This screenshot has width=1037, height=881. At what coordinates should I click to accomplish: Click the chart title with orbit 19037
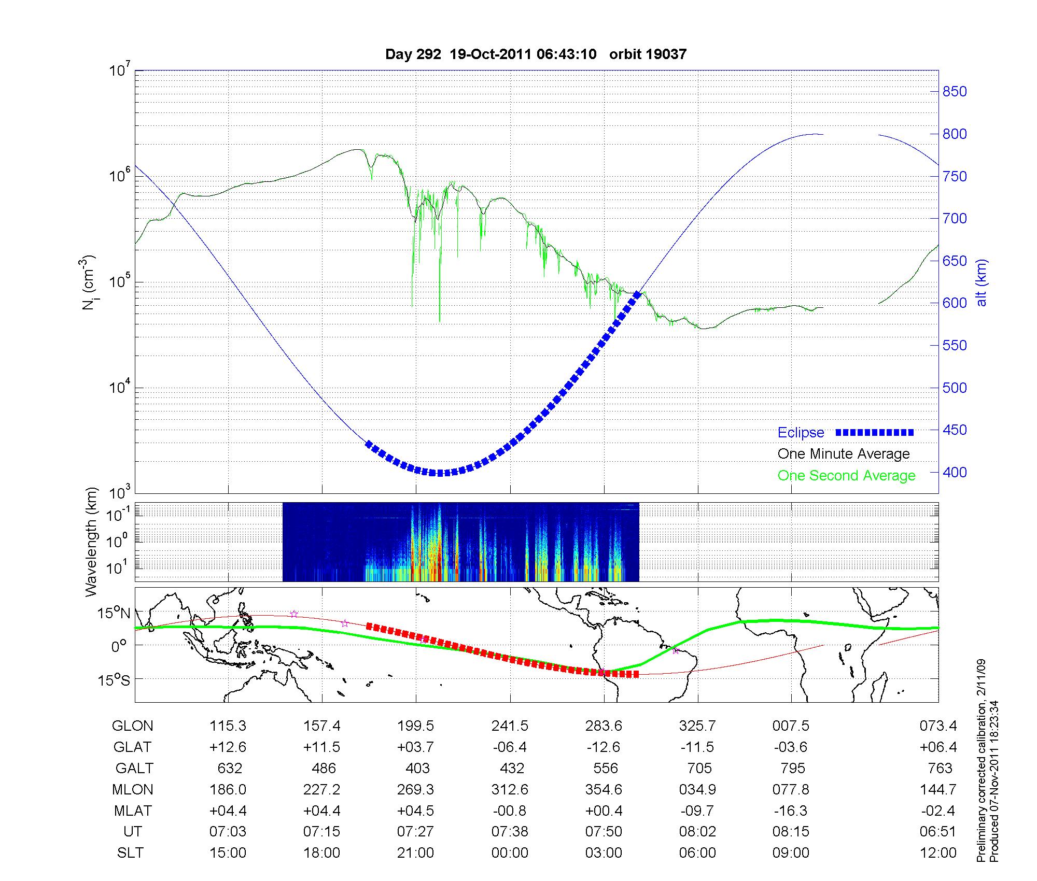pyautogui.click(x=536, y=54)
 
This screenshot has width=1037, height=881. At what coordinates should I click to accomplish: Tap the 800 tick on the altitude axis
pyautogui.click(x=955, y=134)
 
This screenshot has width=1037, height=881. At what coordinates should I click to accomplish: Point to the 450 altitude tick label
pyautogui.click(x=955, y=430)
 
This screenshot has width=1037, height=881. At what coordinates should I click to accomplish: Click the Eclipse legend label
pyautogui.click(x=801, y=433)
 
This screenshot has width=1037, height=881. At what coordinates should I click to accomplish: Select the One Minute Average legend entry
pyautogui.click(x=844, y=454)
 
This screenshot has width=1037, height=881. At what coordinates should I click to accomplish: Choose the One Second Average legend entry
pyautogui.click(x=846, y=476)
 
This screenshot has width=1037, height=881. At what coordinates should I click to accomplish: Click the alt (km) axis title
pyautogui.click(x=982, y=282)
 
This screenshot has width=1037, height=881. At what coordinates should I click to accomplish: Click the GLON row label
pyautogui.click(x=132, y=726)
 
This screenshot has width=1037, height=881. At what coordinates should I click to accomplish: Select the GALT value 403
pyautogui.click(x=417, y=768)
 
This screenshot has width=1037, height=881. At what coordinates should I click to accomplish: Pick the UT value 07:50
pyautogui.click(x=604, y=832)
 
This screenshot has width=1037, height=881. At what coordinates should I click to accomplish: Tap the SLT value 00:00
pyautogui.click(x=510, y=853)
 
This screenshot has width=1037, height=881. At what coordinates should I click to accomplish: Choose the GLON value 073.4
pyautogui.click(x=938, y=726)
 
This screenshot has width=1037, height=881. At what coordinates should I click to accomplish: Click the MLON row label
pyautogui.click(x=132, y=790)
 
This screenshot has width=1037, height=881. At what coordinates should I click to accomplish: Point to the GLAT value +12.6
pyautogui.click(x=228, y=747)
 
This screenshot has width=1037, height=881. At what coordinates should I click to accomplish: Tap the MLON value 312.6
pyautogui.click(x=510, y=790)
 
